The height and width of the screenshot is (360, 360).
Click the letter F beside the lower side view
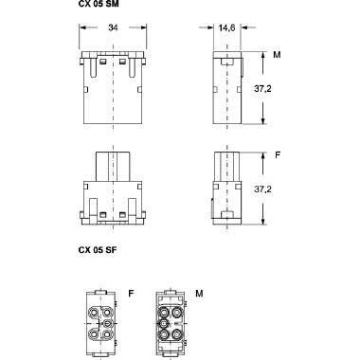277,151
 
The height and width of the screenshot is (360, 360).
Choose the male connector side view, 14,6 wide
226,90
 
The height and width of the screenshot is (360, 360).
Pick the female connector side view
226,186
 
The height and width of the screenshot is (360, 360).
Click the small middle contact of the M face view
163,322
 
